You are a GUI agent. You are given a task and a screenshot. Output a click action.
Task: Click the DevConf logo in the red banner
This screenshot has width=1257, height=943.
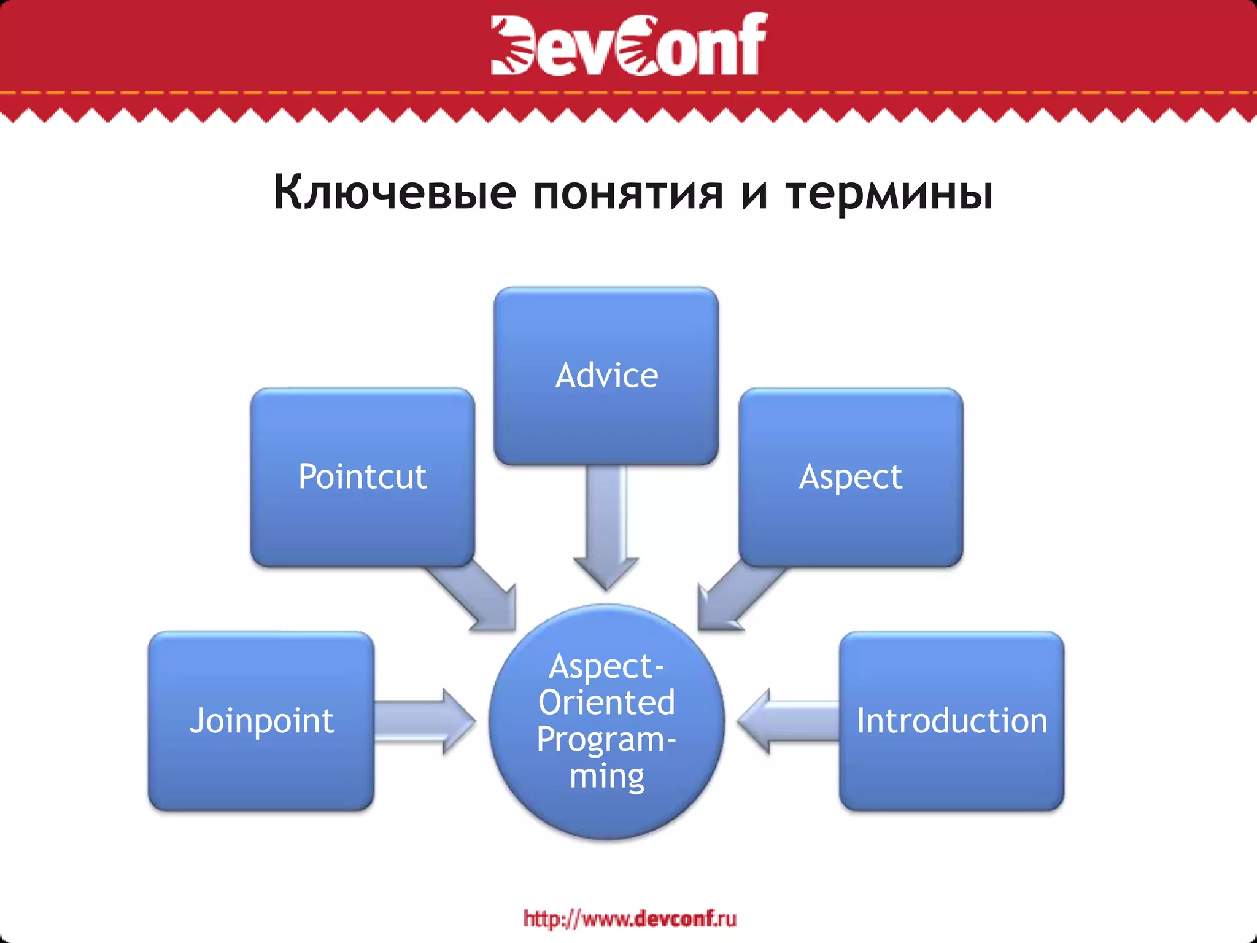(x=628, y=44)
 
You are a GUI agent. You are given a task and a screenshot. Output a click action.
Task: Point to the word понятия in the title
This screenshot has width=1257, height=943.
(x=628, y=193)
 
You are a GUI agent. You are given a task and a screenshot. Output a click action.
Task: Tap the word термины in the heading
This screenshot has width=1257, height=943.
(x=889, y=193)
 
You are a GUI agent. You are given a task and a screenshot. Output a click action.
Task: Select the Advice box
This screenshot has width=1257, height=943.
(x=606, y=376)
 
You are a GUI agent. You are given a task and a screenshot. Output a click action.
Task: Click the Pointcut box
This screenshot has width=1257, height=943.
(x=362, y=476)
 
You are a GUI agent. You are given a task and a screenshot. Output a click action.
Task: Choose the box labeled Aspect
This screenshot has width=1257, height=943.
(x=851, y=476)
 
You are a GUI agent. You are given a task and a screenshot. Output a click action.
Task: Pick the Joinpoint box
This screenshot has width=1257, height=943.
(x=261, y=721)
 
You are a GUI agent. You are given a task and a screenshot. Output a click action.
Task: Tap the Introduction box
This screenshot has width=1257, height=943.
(x=951, y=721)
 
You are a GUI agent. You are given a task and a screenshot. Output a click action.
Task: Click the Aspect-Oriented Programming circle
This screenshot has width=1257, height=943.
(x=606, y=721)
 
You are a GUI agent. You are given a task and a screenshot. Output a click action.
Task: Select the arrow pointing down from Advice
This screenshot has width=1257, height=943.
(x=606, y=528)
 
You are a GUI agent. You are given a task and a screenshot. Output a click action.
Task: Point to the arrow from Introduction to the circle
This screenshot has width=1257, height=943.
(x=789, y=721)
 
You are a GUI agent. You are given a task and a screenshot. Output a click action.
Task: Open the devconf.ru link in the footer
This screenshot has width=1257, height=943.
(x=630, y=918)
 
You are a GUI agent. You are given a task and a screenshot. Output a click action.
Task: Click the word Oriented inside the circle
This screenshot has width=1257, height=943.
(x=606, y=702)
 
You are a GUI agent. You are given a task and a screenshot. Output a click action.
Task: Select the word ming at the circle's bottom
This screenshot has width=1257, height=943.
(x=606, y=776)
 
